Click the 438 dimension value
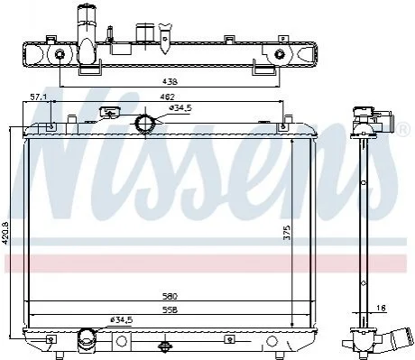pos(170,81)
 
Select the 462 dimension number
pos(168,97)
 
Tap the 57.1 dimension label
pos(37,97)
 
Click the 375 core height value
pos(287,233)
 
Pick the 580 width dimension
pos(170,296)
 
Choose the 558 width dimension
pos(170,309)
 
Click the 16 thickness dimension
pos(381,308)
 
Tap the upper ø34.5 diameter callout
pos(180,108)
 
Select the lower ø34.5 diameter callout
pos(121,320)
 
